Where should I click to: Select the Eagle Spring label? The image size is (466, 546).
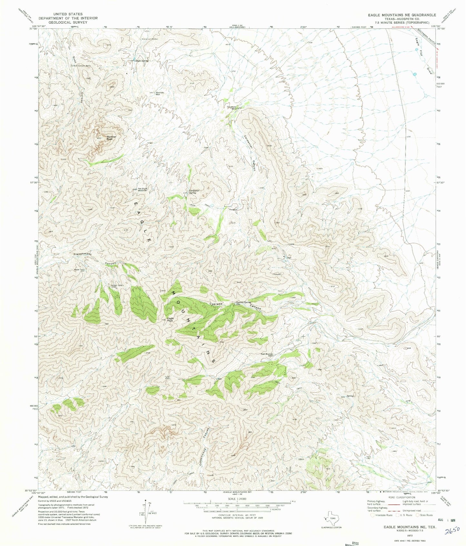[141, 61]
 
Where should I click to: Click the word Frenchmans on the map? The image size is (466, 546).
[83, 254]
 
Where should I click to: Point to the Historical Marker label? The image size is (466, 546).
[150, 39]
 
